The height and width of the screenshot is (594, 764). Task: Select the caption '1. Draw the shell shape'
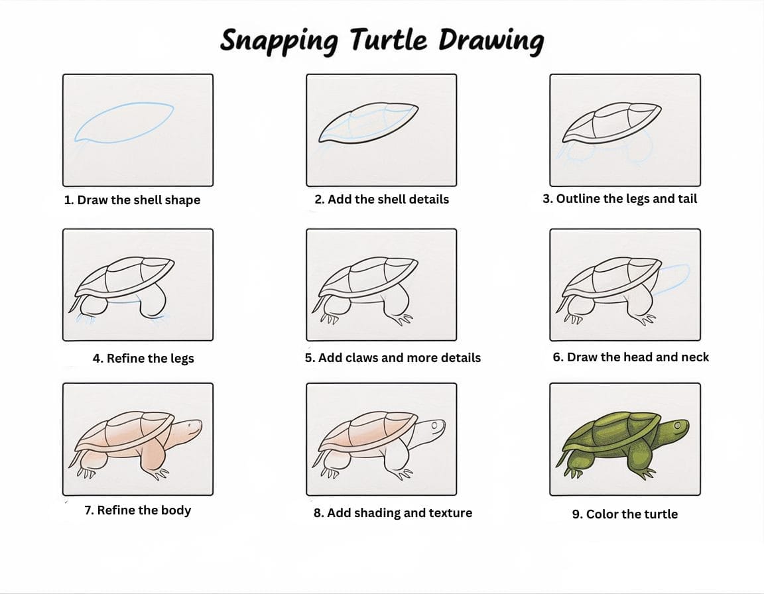click(x=132, y=200)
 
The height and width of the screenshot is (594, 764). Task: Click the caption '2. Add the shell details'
click(x=381, y=199)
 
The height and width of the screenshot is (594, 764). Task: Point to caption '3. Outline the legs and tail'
click(x=619, y=199)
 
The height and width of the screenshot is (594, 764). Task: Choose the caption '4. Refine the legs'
click(x=143, y=359)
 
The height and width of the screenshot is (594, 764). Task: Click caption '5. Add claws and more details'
click(x=393, y=358)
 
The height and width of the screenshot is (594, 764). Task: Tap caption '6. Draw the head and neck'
click(x=631, y=357)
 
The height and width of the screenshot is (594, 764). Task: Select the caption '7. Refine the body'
click(x=137, y=510)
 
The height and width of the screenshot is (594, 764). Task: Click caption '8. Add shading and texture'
click(x=393, y=512)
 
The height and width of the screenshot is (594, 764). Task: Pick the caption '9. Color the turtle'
click(x=625, y=514)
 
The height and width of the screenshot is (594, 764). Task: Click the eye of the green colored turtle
click(x=678, y=424)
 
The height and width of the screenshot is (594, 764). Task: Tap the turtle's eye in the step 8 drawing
click(x=434, y=424)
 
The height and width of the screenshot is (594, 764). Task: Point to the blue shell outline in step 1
click(x=125, y=123)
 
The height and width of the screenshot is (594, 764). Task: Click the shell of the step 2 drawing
click(x=371, y=123)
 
